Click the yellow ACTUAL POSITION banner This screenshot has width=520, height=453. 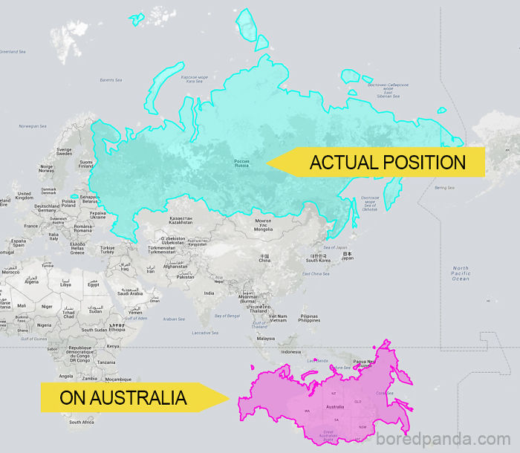[379, 162]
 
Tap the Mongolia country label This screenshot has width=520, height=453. [263, 225]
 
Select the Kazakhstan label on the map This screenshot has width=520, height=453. [181, 221]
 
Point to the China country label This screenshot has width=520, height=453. [264, 258]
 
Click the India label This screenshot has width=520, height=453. [210, 293]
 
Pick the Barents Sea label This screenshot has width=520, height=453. [111, 79]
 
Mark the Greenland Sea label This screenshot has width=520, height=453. [13, 51]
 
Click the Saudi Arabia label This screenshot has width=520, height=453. [130, 293]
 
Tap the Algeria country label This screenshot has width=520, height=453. [31, 281]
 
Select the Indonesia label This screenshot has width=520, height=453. [290, 351]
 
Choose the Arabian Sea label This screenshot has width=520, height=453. [173, 319]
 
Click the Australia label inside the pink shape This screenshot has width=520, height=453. [335, 406]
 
